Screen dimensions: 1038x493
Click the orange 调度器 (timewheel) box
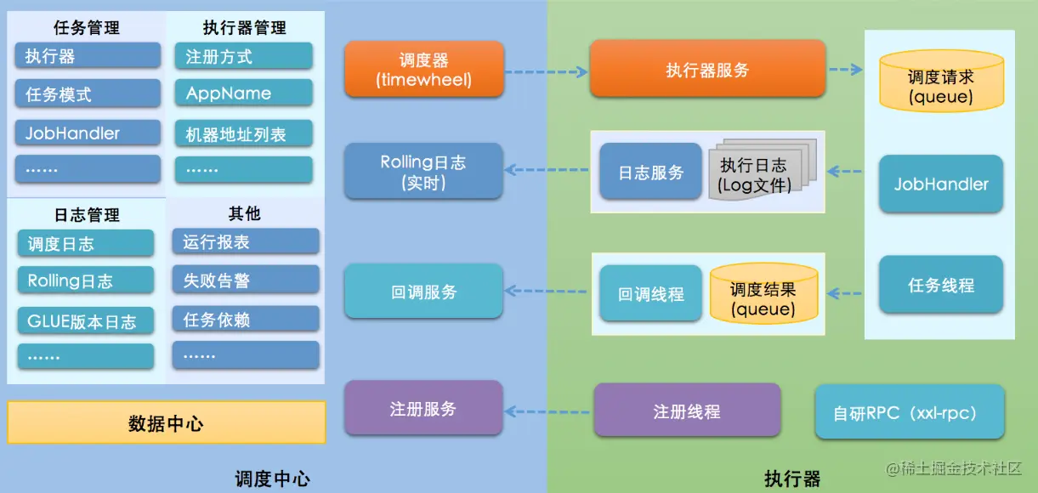coord(424,69)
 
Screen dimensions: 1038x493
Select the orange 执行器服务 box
coord(707,69)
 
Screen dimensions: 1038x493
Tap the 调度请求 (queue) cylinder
coord(942,81)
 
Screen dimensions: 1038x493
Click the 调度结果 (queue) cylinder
coord(763,293)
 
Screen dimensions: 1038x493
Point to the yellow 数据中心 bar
coord(167,422)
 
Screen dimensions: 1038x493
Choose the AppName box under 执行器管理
coord(244,93)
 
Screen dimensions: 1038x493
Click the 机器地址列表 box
coord(244,133)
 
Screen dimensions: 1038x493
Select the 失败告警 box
coord(246,280)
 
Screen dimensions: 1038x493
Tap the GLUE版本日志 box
coord(86,320)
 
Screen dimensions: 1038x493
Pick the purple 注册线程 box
coord(687,410)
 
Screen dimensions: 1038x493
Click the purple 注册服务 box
coord(423,408)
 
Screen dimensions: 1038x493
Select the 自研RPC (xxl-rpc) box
coord(910,412)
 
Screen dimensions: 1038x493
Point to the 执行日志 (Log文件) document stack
coord(763,170)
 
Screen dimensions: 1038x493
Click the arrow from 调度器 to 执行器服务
coord(547,71)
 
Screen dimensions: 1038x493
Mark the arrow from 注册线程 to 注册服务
coord(547,411)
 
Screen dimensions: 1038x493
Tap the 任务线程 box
coord(941,284)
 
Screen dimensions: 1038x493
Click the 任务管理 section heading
coord(87,27)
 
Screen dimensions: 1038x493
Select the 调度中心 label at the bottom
coord(273,479)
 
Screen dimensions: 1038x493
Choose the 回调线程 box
coord(650,293)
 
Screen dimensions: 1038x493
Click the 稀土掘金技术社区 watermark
coord(954,468)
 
